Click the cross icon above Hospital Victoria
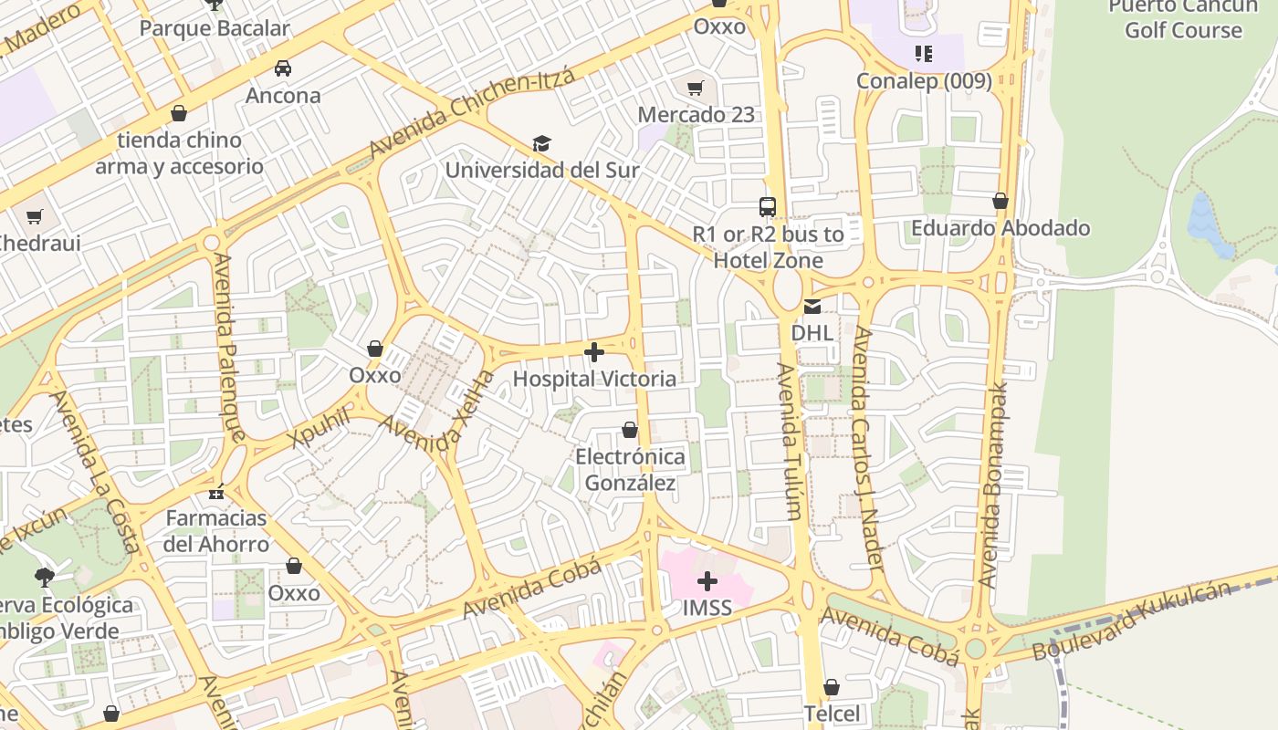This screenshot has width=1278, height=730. click(x=594, y=352)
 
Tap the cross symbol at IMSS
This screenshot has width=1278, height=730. click(x=707, y=580)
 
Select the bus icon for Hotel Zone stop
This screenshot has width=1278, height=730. click(x=768, y=207)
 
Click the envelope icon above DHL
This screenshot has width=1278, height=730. click(x=812, y=307)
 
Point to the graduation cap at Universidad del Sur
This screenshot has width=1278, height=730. click(x=542, y=143)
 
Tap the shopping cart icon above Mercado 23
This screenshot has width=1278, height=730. click(x=696, y=88)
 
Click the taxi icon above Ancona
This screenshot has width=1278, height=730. click(x=283, y=68)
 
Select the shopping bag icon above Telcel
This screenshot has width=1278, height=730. click(x=832, y=686)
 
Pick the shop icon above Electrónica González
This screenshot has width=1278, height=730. click(x=630, y=430)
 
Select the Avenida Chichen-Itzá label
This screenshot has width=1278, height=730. click(x=472, y=112)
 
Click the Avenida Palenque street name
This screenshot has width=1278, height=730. click(x=229, y=347)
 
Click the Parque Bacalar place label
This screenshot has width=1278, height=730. click(x=215, y=28)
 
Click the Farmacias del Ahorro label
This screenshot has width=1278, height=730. click(x=216, y=531)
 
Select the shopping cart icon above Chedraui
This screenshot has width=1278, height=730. click(x=35, y=216)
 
